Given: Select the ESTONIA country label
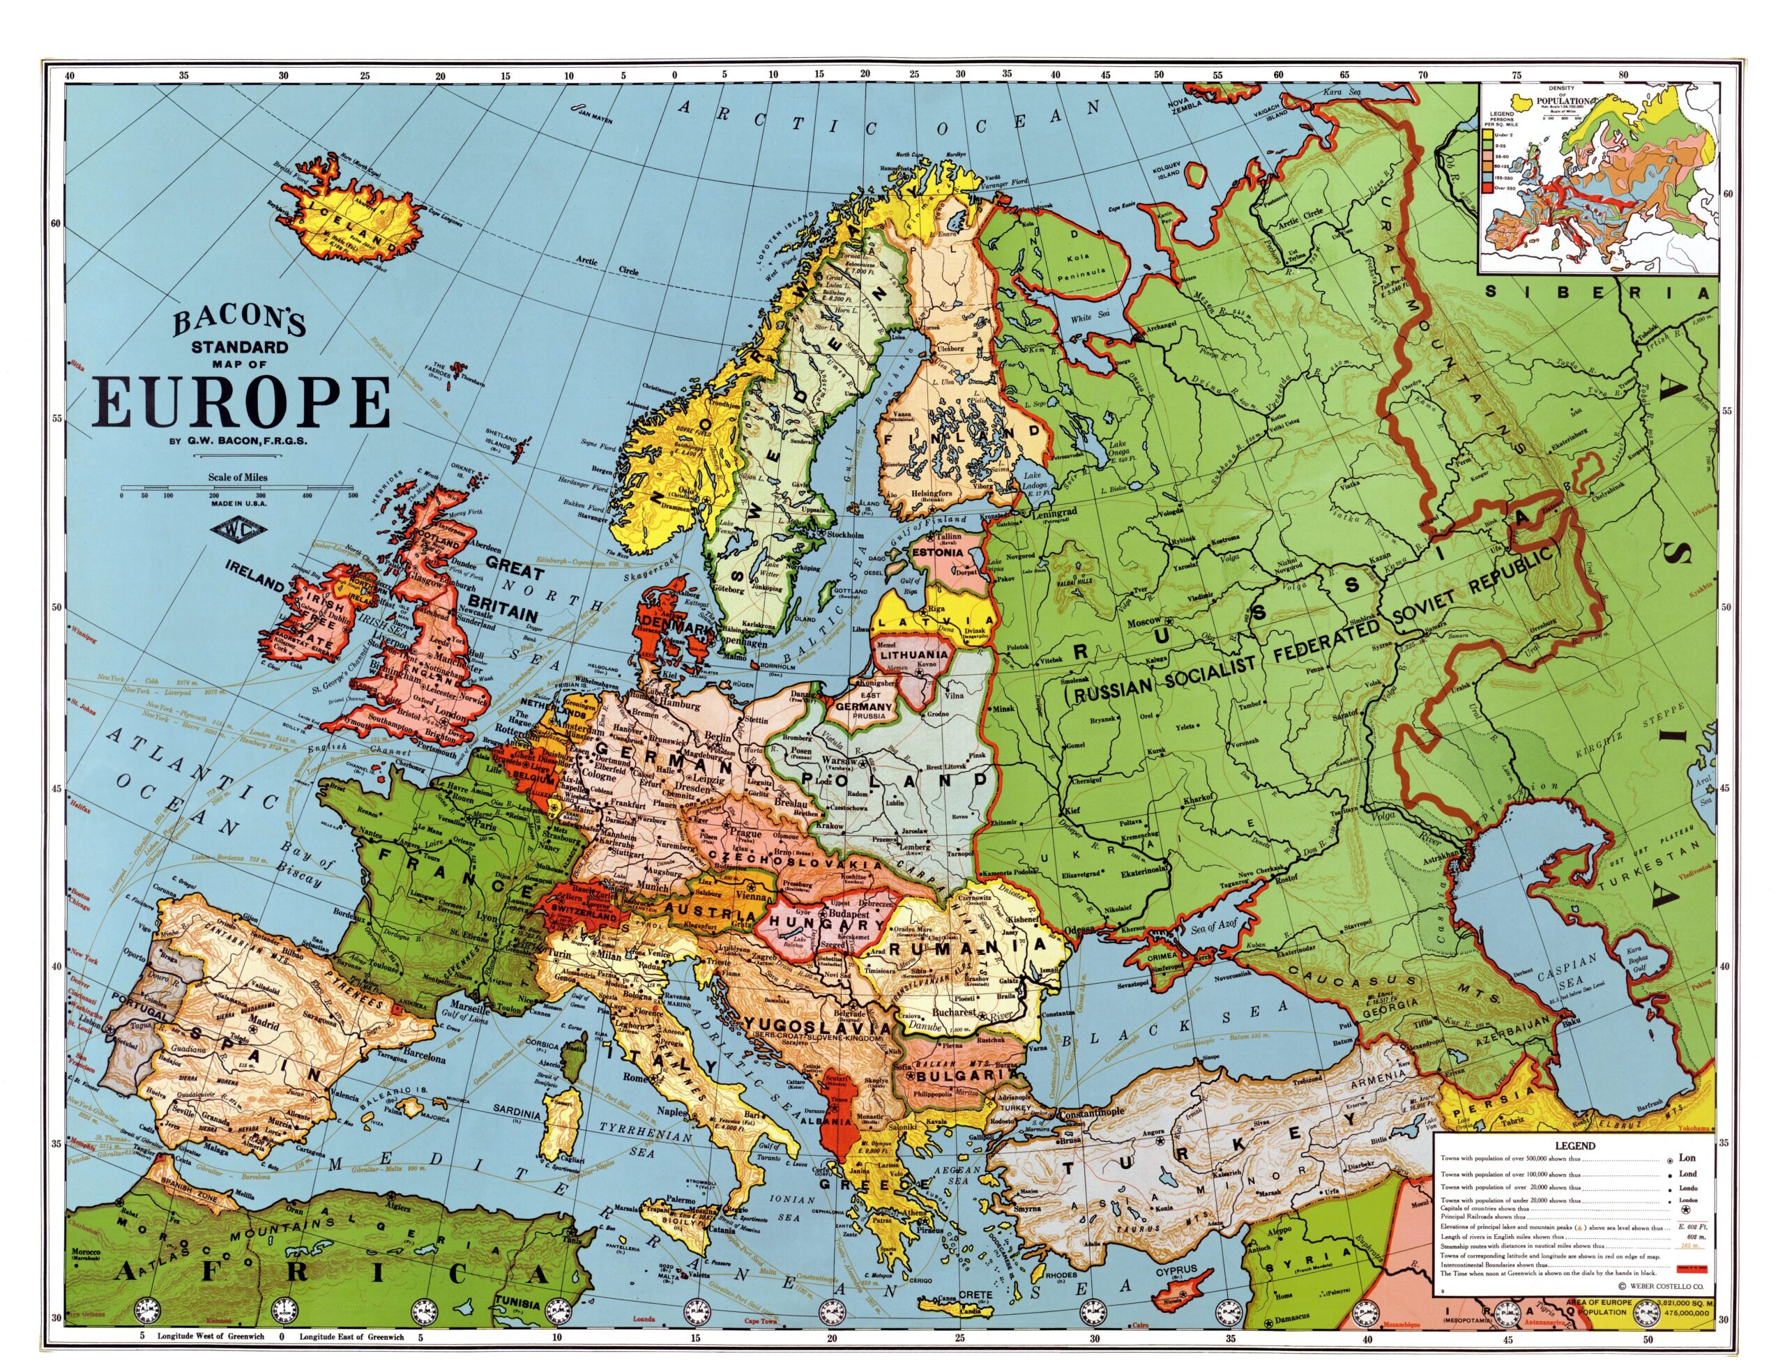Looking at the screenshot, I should pyautogui.click(x=941, y=552).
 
